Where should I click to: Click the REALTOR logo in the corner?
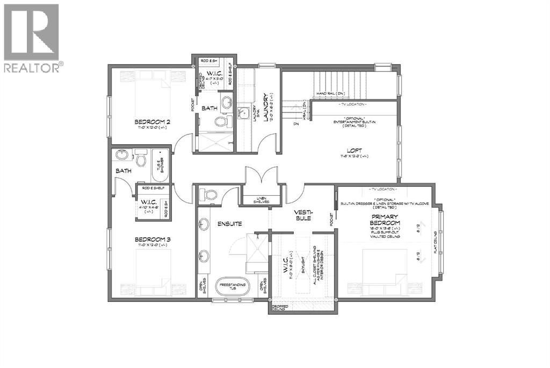click(x=32, y=38)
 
